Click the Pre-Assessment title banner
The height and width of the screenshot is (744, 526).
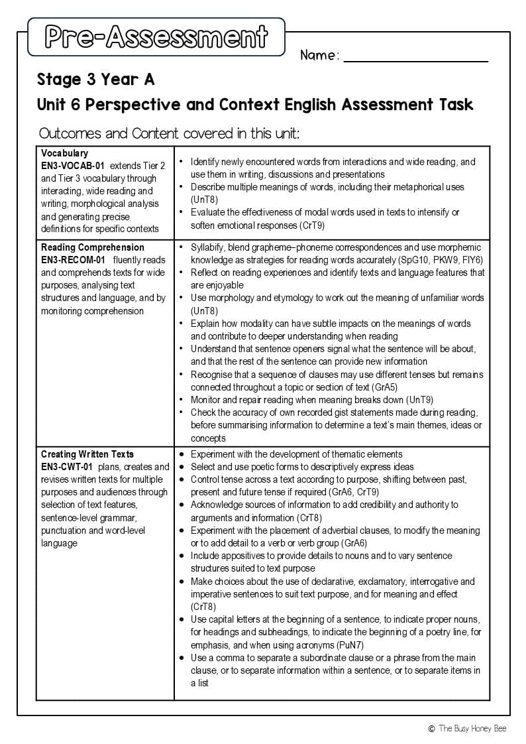[156, 37]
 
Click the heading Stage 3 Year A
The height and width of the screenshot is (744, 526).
[95, 80]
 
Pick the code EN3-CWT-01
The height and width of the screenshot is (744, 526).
[66, 467]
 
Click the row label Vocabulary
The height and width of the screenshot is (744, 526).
[64, 153]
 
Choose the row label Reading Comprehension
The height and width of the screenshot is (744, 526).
[93, 247]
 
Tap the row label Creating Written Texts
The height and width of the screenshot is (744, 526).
[87, 454]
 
